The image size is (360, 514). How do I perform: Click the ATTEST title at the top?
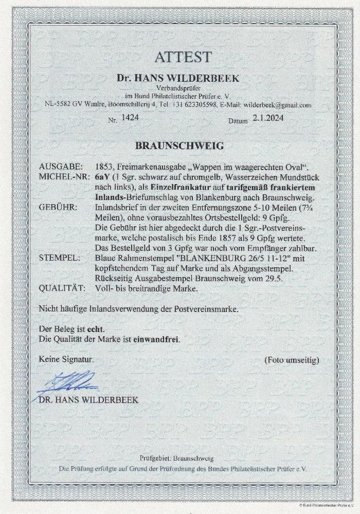[179, 57]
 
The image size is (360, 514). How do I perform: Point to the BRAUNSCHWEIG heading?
[179, 145]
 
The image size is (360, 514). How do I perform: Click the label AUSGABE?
[59, 167]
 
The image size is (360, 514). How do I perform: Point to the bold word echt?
[98, 329]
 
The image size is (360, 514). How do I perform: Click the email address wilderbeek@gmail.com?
[278, 105]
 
